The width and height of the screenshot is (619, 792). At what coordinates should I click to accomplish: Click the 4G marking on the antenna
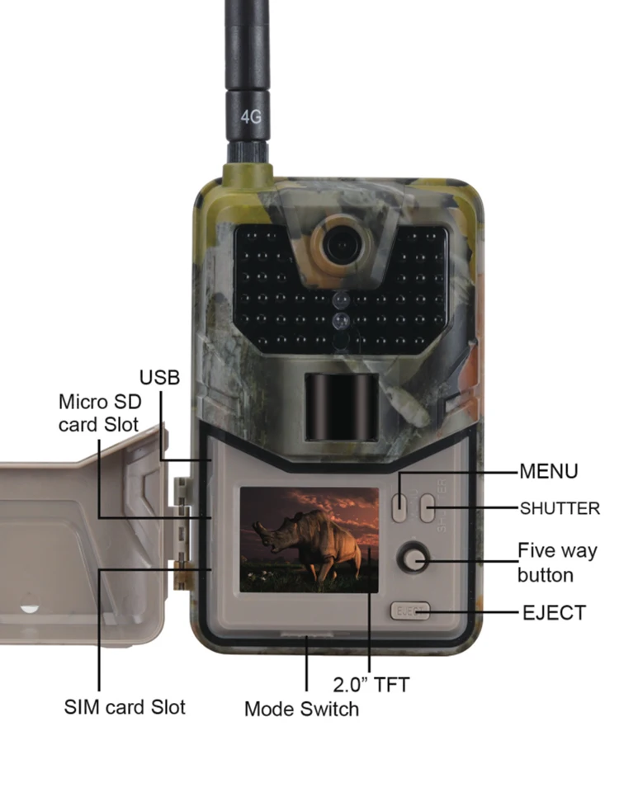251,116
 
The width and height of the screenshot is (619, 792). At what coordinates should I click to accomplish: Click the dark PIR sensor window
341,407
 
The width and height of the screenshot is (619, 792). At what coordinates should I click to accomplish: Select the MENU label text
549,472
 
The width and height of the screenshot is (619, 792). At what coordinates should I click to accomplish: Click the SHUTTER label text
560,508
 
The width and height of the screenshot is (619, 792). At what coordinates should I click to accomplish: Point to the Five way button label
556,562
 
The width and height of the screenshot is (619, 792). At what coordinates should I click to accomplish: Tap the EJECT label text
554,613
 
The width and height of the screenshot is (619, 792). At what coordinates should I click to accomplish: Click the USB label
159,378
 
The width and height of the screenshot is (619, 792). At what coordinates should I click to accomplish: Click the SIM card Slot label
125,707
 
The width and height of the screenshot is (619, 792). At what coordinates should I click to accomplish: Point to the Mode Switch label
302,709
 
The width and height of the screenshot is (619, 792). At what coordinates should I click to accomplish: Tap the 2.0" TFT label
371,684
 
